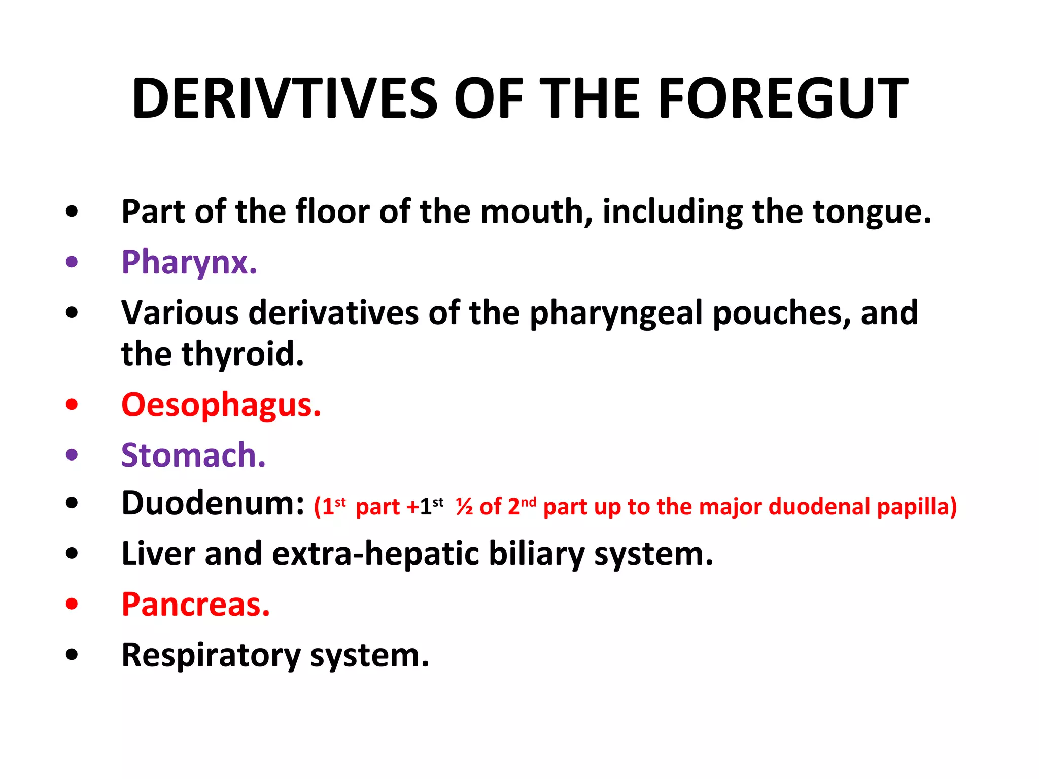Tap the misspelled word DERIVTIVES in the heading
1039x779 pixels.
(285, 99)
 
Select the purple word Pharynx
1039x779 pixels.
(189, 263)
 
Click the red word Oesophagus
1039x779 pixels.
(221, 406)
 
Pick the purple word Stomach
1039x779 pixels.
(193, 455)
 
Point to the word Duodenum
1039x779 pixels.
(213, 504)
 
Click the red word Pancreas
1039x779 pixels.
(195, 605)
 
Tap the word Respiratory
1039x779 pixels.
(211, 655)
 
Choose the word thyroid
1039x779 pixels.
(243, 354)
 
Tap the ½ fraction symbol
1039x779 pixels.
(464, 507)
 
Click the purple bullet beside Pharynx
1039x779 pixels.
(72, 262)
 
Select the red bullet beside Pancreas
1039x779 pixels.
(72, 604)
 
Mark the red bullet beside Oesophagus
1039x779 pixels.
(72, 405)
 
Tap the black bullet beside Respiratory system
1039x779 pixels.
(72, 654)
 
